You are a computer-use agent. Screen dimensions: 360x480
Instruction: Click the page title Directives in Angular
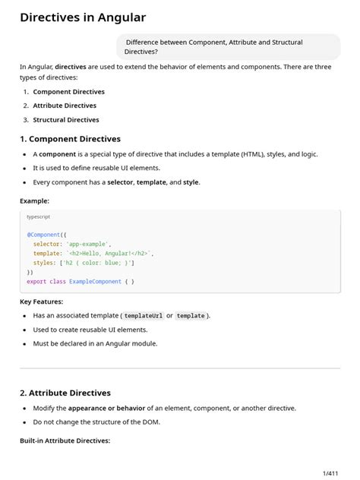click(x=83, y=17)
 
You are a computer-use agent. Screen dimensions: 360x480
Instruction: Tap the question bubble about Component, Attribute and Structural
click(x=227, y=47)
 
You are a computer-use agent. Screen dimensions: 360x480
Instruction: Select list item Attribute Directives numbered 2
click(x=65, y=106)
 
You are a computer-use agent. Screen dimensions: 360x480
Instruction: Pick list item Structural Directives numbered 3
click(x=65, y=119)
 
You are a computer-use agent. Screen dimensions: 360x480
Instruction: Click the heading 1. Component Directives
click(x=70, y=139)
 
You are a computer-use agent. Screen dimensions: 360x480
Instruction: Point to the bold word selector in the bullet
click(x=120, y=182)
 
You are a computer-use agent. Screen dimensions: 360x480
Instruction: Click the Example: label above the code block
click(x=34, y=201)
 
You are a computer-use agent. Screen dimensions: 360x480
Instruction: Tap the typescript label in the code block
click(x=39, y=217)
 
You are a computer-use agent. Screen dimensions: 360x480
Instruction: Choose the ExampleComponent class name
click(x=95, y=281)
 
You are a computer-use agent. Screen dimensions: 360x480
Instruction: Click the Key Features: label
click(x=41, y=302)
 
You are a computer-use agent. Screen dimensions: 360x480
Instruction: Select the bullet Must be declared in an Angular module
click(x=95, y=343)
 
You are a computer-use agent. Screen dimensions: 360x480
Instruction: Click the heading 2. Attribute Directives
click(x=65, y=393)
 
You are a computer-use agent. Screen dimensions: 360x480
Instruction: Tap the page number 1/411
click(x=330, y=472)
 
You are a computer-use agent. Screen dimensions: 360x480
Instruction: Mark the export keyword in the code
click(x=36, y=281)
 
